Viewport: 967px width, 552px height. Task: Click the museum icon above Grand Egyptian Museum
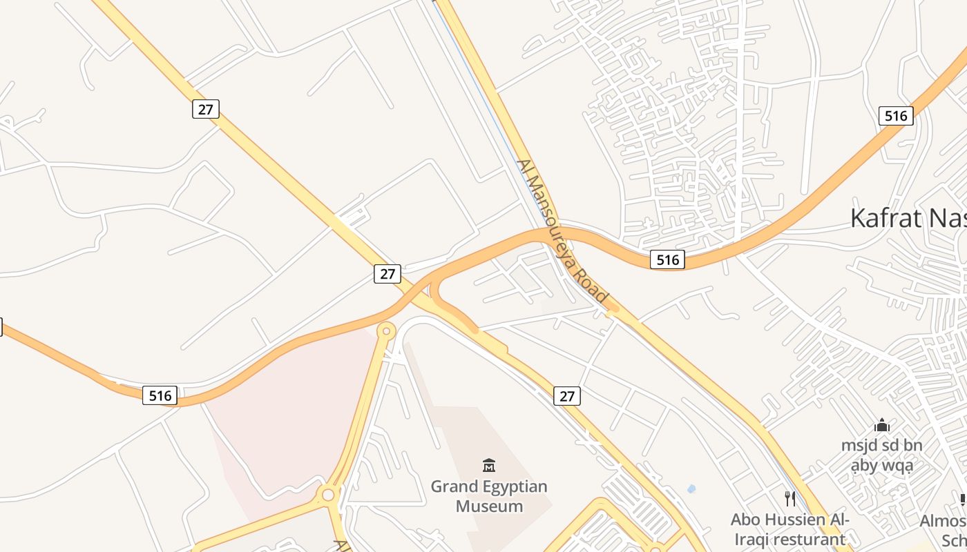[x=489, y=465]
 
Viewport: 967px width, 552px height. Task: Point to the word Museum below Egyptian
[x=489, y=506]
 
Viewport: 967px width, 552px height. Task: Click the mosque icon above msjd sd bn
[x=882, y=425]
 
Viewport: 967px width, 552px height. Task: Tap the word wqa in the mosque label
[x=898, y=466]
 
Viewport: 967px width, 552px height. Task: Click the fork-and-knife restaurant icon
[x=790, y=498]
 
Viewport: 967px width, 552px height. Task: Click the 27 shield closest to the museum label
[x=566, y=396]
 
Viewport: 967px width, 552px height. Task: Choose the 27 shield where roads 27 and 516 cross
[x=387, y=274]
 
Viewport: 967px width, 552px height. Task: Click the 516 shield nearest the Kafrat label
[x=896, y=116]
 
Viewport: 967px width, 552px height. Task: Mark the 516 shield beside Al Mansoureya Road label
[x=667, y=260]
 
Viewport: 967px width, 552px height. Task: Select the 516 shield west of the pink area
[x=160, y=395]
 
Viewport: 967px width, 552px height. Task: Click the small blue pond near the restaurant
[x=691, y=489]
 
